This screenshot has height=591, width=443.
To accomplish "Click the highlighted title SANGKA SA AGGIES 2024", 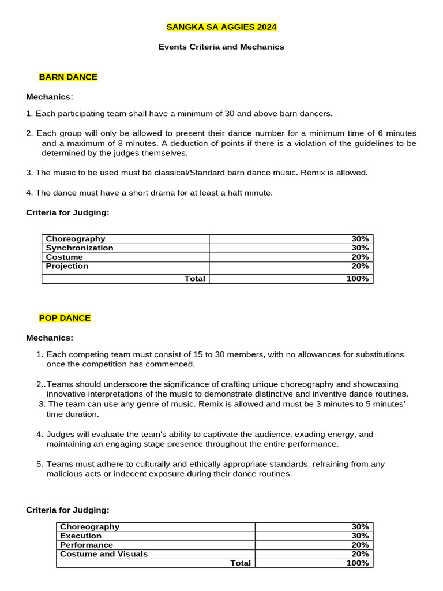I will click(221, 27).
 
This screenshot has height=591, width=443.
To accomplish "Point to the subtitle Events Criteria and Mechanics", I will click(221, 47).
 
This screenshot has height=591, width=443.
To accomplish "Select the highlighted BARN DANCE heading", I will click(68, 77).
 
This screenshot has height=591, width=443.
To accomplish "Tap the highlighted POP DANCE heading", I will click(65, 318).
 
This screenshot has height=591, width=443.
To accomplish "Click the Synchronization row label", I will click(80, 248).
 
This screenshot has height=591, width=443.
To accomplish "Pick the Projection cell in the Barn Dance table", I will click(67, 266).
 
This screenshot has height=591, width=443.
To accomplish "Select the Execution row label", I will click(81, 536).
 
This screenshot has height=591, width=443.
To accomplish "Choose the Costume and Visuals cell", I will click(104, 554).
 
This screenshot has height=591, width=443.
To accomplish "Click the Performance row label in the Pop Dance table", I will click(87, 545).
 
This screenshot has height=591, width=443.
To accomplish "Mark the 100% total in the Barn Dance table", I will click(358, 279).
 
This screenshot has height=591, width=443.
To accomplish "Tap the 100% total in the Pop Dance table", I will click(358, 563).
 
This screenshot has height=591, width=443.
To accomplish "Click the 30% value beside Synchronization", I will click(361, 248).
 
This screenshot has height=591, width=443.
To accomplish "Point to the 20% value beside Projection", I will click(361, 266).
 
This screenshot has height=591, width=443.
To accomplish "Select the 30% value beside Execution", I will click(361, 536).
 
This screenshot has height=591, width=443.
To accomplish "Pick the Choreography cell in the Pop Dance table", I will click(90, 526).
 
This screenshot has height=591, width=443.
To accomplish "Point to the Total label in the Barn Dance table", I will click(195, 279).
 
